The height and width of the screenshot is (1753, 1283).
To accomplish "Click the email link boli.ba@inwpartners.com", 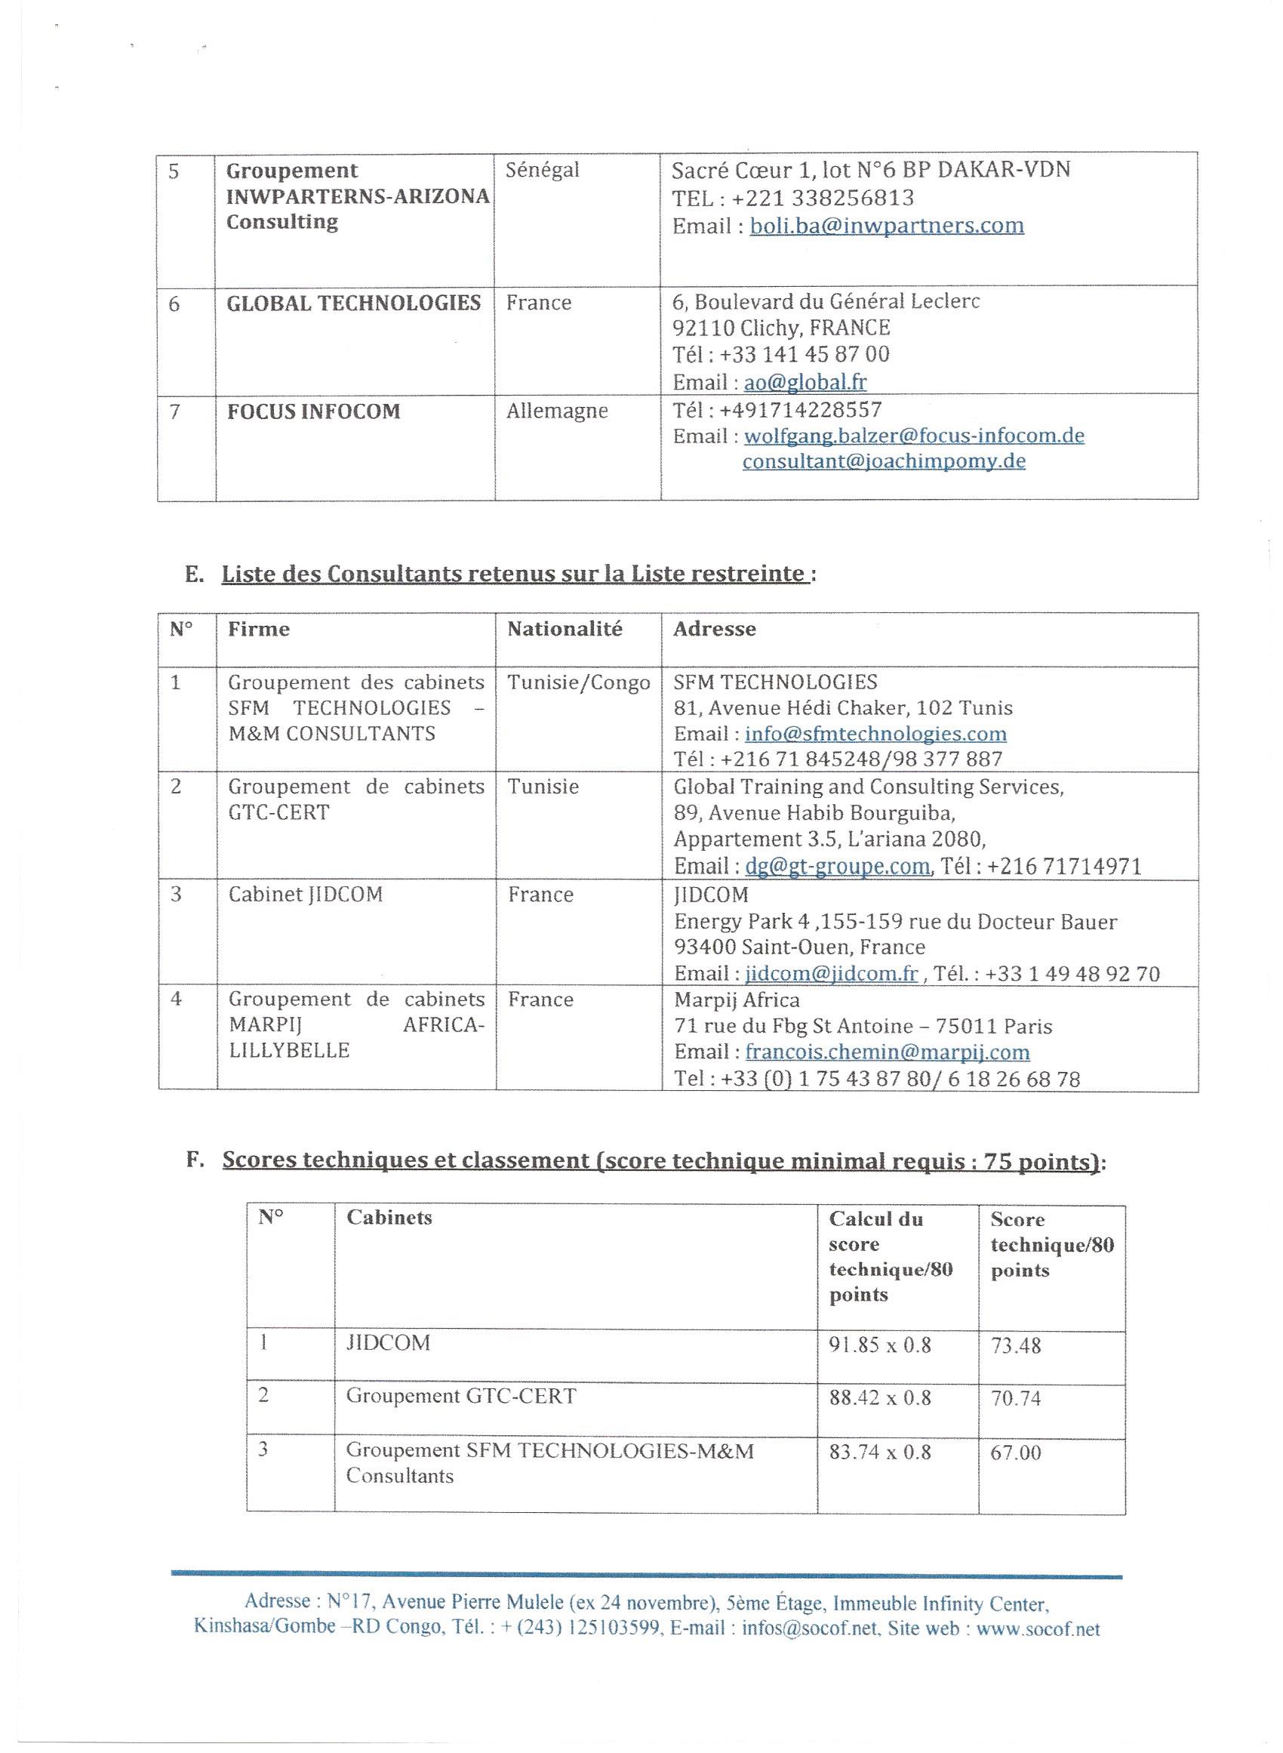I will pyautogui.click(x=886, y=226).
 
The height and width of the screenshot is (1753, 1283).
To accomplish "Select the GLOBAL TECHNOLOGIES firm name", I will pyautogui.click(x=353, y=303).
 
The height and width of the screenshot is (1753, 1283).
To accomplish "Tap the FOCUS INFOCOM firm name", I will pyautogui.click(x=313, y=411).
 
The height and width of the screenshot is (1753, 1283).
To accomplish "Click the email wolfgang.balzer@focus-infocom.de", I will pyautogui.click(x=913, y=436).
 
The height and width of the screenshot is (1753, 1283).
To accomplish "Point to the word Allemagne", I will pyautogui.click(x=557, y=411).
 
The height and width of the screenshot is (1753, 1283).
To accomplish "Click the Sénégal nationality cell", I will pyautogui.click(x=542, y=170).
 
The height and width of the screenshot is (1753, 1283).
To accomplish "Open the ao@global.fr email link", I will pyautogui.click(x=805, y=382).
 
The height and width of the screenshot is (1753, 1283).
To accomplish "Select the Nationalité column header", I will pyautogui.click(x=565, y=629).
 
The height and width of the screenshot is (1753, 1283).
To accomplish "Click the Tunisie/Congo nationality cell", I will pyautogui.click(x=579, y=682).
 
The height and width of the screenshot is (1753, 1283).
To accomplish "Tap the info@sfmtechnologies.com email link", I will pyautogui.click(x=875, y=734).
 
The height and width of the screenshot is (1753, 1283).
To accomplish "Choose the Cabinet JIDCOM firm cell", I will pyautogui.click(x=305, y=895).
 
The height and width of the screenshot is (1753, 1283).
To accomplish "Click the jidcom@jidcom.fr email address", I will pyautogui.click(x=831, y=974).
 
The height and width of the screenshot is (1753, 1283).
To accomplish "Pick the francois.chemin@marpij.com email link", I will pyautogui.click(x=887, y=1052).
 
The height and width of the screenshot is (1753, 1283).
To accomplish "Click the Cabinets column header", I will pyautogui.click(x=389, y=1218).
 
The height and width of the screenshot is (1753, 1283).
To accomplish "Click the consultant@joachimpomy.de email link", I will pyautogui.click(x=884, y=461).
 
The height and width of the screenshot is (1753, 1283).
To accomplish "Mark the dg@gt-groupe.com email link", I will pyautogui.click(x=836, y=866).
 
